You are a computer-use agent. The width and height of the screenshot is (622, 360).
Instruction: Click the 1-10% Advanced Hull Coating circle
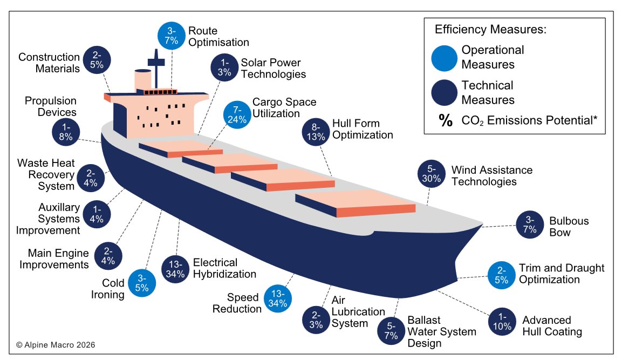pyautogui.click(x=502, y=322)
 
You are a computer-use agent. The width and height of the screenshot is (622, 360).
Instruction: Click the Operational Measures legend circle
pyautogui.click(x=445, y=57)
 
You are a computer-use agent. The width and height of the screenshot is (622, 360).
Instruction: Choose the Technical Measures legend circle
pyautogui.click(x=445, y=92)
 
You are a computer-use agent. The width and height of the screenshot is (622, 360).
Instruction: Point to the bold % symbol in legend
pyautogui.click(x=446, y=121)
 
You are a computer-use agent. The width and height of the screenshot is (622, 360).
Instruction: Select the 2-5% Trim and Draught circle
pyautogui.click(x=501, y=275)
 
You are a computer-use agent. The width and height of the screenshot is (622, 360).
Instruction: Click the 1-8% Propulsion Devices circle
pyautogui.click(x=66, y=131)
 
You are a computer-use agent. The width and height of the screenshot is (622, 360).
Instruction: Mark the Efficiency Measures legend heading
pyautogui.click(x=491, y=30)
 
